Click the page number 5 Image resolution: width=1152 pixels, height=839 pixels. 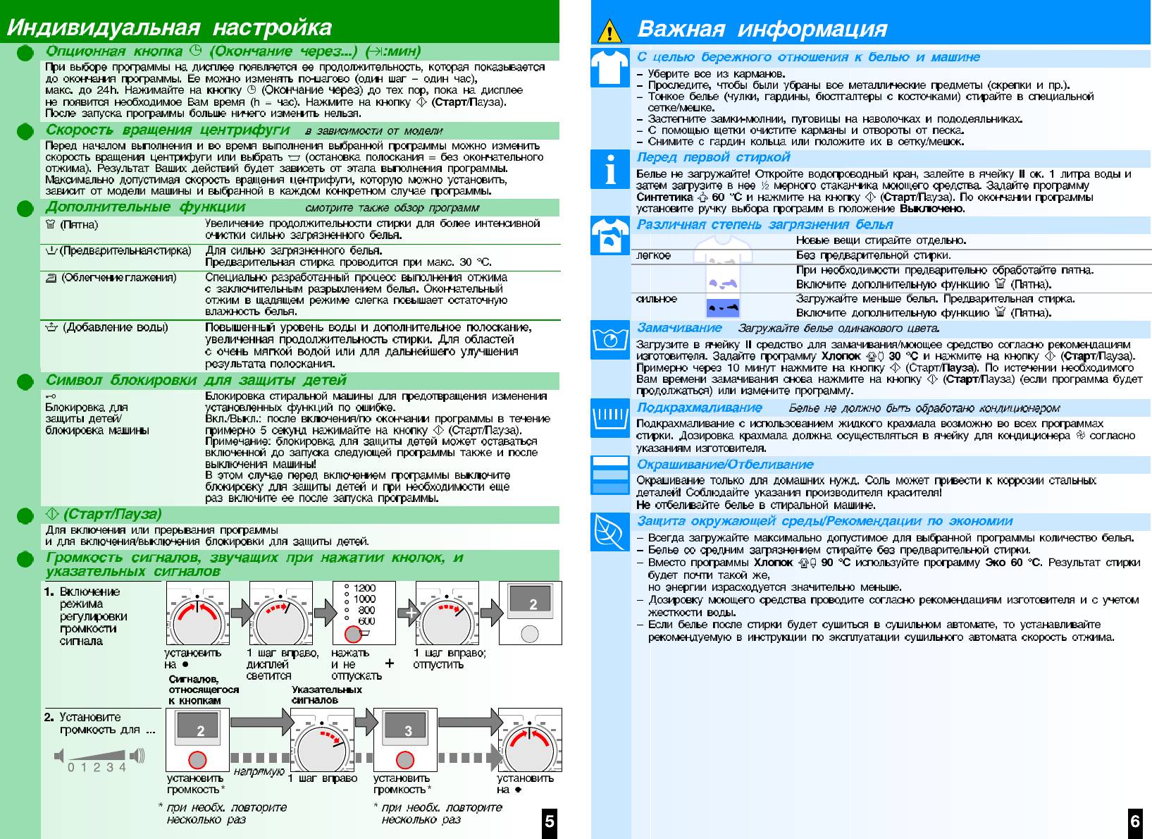(x=550, y=821)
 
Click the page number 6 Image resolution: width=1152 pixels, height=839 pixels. (x=1135, y=821)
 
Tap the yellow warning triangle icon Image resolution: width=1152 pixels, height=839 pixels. (x=609, y=32)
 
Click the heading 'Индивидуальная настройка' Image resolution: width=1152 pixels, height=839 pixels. (x=169, y=27)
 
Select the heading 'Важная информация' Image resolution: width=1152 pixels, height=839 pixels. (x=762, y=29)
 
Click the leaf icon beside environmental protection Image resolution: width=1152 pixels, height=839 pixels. (x=609, y=531)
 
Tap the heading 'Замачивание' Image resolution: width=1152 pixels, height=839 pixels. (x=679, y=328)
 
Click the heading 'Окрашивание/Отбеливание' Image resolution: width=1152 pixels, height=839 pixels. (x=725, y=465)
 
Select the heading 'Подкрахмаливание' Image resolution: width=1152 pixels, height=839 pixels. (x=700, y=408)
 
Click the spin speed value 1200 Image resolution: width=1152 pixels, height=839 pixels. (x=364, y=588)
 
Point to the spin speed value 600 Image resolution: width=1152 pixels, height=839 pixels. (x=366, y=621)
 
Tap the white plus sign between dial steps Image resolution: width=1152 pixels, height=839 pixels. (x=410, y=613)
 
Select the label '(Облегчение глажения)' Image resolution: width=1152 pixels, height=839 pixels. (x=118, y=278)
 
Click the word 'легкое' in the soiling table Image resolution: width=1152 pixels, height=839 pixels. (x=654, y=255)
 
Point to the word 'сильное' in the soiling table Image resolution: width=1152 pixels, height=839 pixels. (x=657, y=299)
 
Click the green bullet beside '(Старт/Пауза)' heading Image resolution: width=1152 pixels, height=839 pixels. (x=25, y=515)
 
